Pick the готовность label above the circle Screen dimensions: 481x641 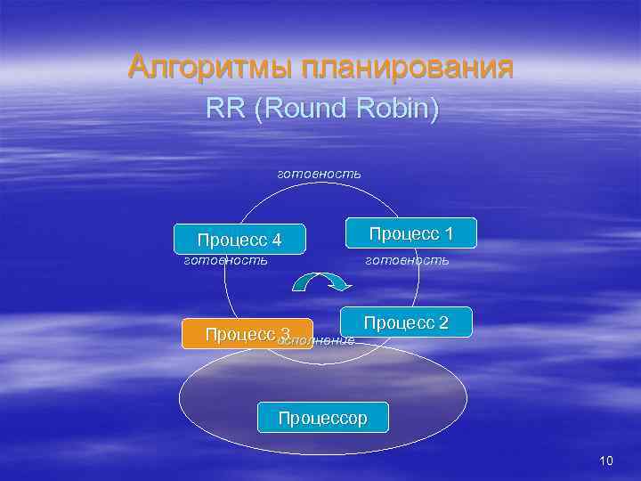(320, 173)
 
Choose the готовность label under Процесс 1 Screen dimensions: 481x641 (408, 261)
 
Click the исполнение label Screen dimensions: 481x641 (317, 340)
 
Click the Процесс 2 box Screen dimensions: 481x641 (406, 322)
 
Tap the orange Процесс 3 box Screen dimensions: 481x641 (247, 334)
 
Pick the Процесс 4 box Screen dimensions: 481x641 (239, 239)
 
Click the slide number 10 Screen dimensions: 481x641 (606, 461)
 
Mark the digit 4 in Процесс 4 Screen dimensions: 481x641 (276, 240)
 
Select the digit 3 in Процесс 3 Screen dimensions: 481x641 (285, 334)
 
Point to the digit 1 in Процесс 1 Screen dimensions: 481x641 (449, 233)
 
